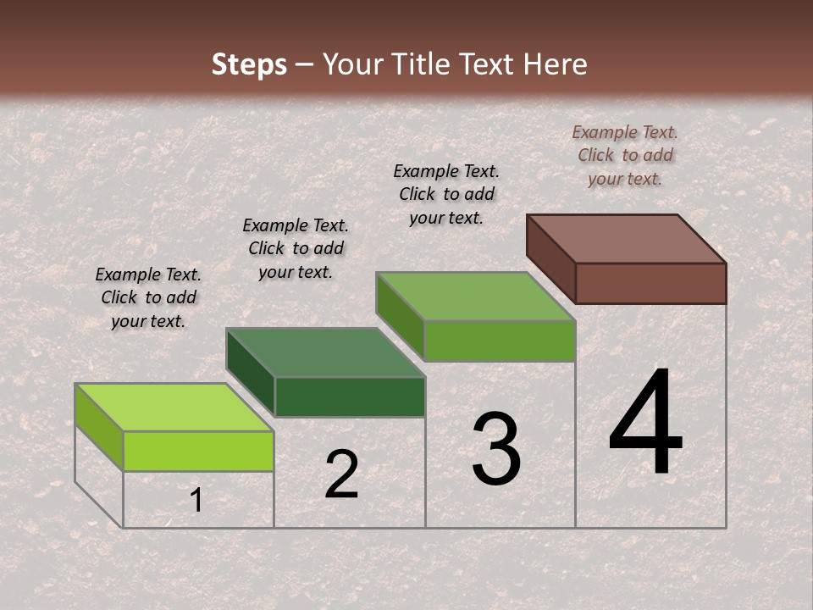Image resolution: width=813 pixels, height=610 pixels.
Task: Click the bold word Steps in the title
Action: click(x=249, y=64)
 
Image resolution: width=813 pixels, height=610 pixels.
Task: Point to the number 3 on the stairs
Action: click(x=496, y=449)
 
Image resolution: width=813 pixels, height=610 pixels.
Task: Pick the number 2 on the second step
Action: click(x=341, y=474)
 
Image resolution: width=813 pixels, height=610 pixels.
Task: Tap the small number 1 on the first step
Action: click(x=196, y=501)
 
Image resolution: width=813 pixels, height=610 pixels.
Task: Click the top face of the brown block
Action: click(x=626, y=239)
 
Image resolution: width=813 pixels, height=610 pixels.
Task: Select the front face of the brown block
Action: click(x=650, y=283)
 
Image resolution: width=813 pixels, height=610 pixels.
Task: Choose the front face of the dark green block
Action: click(x=350, y=396)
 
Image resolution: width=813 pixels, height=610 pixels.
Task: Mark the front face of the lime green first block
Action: click(x=198, y=451)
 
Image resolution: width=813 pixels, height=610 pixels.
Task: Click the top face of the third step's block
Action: click(x=475, y=297)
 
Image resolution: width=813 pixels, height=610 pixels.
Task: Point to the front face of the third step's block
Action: click(x=500, y=341)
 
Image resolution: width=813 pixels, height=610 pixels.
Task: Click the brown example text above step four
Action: click(x=625, y=155)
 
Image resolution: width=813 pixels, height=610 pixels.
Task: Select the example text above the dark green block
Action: click(x=296, y=248)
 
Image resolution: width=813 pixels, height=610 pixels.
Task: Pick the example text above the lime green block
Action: click(x=148, y=297)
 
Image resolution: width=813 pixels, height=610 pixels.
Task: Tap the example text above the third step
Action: click(x=446, y=194)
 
